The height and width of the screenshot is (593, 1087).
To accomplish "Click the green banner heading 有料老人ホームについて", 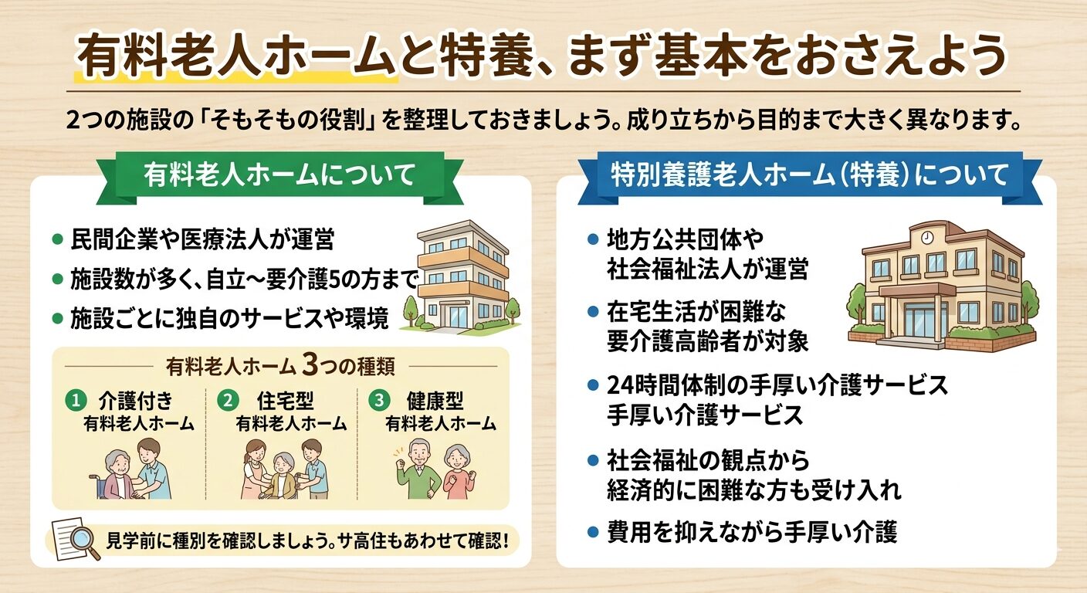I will pyautogui.click(x=279, y=175).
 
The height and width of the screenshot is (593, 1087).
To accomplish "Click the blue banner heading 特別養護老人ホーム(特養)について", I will pyautogui.click(x=809, y=175).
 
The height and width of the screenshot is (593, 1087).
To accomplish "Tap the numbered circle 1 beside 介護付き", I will pyautogui.click(x=75, y=400).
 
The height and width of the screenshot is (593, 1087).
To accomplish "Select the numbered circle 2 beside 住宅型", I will pyautogui.click(x=227, y=400).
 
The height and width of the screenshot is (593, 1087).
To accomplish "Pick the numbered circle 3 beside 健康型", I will pyautogui.click(x=378, y=400).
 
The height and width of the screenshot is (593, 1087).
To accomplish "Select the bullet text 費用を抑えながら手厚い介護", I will pyautogui.click(x=753, y=532).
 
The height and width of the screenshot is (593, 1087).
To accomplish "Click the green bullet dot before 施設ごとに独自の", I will pyautogui.click(x=57, y=317).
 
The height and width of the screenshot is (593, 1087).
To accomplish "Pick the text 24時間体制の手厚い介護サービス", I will pyautogui.click(x=777, y=385).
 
